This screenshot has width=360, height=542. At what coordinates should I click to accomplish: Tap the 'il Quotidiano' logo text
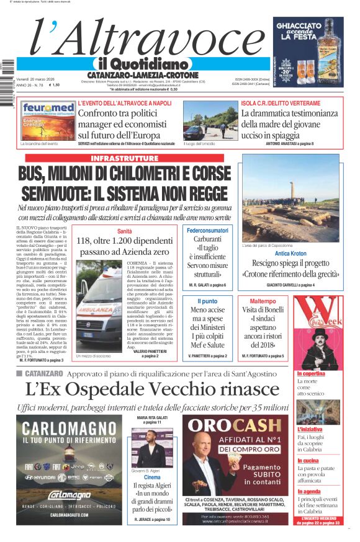click(142, 64)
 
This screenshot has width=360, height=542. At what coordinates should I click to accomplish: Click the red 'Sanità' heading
click(124, 231)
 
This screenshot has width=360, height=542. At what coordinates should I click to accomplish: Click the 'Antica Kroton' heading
click(290, 254)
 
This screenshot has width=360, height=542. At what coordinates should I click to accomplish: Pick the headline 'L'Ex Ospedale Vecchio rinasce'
click(144, 389)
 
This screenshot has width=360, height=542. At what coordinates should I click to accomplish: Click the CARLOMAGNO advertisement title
click(69, 429)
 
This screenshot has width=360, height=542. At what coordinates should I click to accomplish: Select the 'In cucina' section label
click(308, 461)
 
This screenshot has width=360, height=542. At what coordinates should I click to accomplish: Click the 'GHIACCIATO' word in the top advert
click(308, 27)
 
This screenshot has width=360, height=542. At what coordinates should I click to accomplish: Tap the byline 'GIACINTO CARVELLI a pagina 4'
click(290, 285)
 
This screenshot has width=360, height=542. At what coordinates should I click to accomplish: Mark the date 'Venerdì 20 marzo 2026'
click(38, 79)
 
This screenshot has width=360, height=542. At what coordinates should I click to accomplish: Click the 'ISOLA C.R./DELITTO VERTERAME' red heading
click(281, 103)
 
